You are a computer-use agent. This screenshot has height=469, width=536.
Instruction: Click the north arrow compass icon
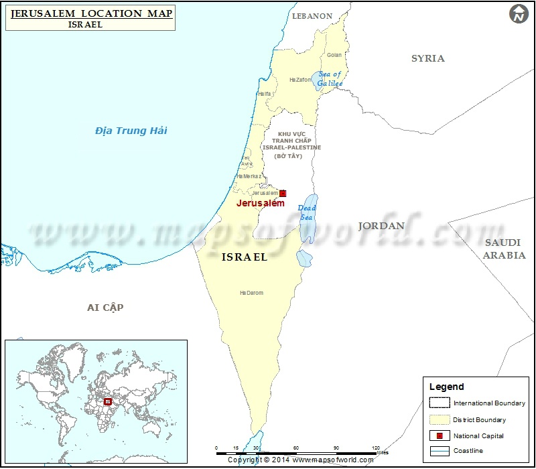tap(519, 14)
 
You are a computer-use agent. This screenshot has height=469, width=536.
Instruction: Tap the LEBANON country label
tap(312, 15)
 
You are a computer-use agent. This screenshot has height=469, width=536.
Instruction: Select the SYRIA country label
tap(427, 58)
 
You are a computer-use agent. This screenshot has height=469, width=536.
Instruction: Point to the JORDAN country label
tap(381, 226)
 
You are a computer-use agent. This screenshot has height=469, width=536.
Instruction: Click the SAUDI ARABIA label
tap(505, 249)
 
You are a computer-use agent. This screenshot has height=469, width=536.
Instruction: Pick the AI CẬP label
tap(105, 307)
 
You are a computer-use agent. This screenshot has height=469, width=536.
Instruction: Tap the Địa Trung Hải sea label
tap(131, 130)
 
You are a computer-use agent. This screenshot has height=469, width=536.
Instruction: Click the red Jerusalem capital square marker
tap(283, 193)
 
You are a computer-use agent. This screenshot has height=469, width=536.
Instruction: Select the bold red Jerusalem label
tap(261, 203)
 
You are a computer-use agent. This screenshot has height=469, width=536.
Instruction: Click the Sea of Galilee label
tap(330, 78)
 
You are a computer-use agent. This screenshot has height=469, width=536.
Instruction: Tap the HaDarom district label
tap(251, 293)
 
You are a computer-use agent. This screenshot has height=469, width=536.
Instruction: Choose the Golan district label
tap(334, 55)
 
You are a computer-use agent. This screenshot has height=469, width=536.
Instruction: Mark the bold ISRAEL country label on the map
tap(244, 257)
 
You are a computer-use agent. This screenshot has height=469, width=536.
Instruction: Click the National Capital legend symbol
tap(440, 436)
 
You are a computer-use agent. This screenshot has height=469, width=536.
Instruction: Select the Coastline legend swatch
tap(440, 451)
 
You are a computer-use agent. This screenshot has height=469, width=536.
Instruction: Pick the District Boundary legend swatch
tap(440, 419)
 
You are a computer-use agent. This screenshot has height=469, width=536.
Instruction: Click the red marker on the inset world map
tap(107, 401)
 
